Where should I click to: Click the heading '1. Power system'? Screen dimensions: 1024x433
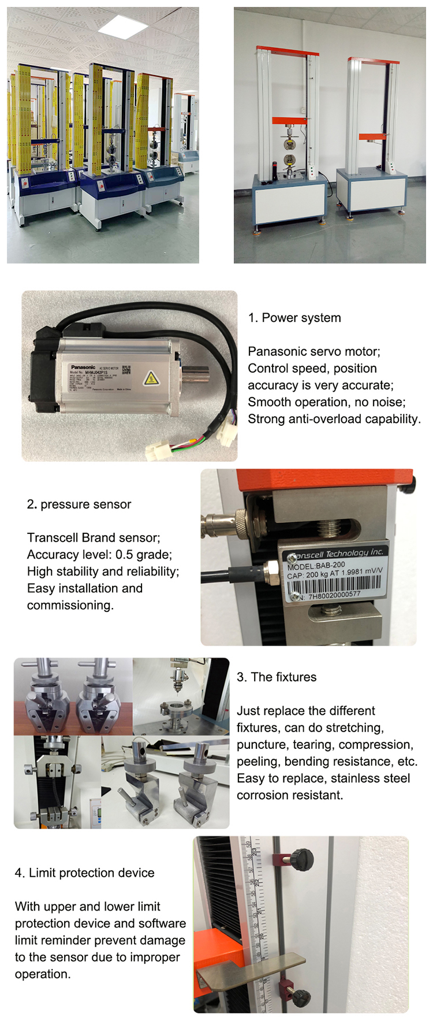tap(294, 318)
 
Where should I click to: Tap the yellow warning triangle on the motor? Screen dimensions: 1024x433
tap(151, 379)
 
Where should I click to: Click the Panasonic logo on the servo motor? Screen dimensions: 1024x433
tap(83, 367)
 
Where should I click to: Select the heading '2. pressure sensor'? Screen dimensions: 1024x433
tap(79, 504)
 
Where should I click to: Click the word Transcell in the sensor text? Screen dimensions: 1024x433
tap(55, 538)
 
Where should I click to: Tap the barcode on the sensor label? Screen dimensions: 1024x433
tap(334, 585)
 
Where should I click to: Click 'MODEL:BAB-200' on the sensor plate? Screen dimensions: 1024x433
tap(316, 566)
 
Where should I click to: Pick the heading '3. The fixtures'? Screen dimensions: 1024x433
tap(277, 677)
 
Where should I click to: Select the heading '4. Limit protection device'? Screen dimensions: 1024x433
tap(85, 873)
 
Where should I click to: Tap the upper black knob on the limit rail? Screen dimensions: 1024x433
tap(301, 857)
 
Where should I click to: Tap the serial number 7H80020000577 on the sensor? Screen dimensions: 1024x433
tap(334, 595)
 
